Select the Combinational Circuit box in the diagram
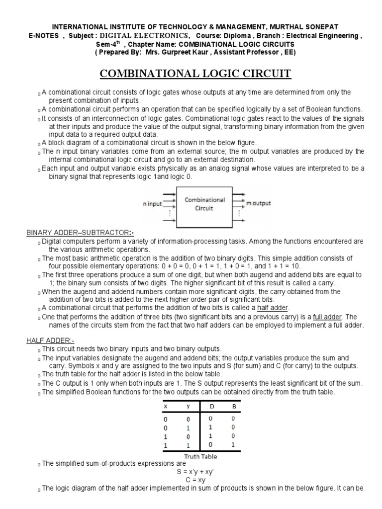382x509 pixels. click(205, 204)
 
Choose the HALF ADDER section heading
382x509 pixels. click(49, 340)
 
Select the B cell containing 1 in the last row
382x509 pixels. click(232, 445)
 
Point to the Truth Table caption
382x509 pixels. click(200, 456)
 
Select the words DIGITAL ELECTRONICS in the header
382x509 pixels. click(145, 35)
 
